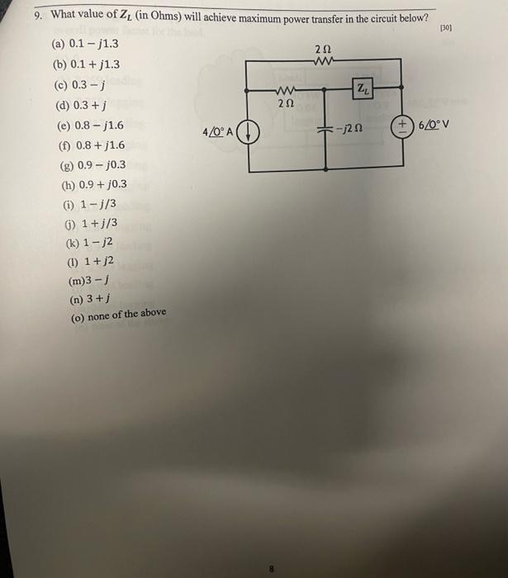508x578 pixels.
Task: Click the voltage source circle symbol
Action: point(405,127)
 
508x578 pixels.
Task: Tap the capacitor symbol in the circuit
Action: point(325,130)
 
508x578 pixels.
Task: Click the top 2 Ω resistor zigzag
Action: point(325,59)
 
